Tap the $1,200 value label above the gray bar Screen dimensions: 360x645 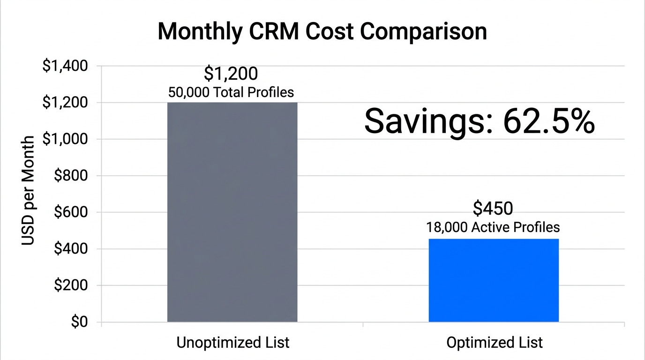click(x=231, y=74)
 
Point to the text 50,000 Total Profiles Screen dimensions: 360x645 click(x=231, y=92)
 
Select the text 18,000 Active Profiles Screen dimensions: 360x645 click(x=493, y=227)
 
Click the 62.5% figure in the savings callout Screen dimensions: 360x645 click(x=549, y=121)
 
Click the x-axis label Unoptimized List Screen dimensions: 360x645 click(x=232, y=343)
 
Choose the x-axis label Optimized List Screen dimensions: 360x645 click(x=495, y=343)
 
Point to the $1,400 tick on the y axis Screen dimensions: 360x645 click(x=65, y=66)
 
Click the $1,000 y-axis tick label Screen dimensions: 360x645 click(x=65, y=139)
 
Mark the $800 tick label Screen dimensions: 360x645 click(x=71, y=176)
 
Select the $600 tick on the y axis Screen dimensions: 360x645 click(x=71, y=212)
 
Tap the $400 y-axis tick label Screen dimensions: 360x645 click(x=71, y=249)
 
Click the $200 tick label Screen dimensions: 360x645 click(x=71, y=285)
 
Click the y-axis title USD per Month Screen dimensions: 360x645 click(x=28, y=191)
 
